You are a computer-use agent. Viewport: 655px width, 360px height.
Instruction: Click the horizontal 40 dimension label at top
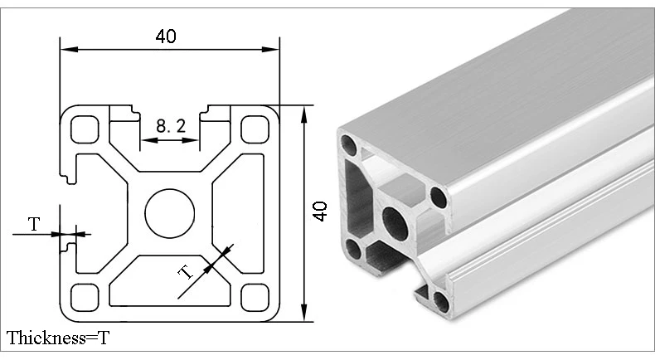pyautogui.click(x=166, y=36)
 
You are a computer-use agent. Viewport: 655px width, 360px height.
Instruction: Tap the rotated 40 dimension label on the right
pyautogui.click(x=321, y=212)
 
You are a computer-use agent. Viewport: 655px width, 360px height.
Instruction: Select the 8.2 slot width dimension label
pyautogui.click(x=171, y=125)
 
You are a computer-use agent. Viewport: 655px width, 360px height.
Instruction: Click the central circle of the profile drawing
pyautogui.click(x=170, y=213)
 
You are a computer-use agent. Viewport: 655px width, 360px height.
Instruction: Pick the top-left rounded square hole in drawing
pyautogui.click(x=85, y=129)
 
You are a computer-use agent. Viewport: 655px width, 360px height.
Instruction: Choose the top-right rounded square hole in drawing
pyautogui.click(x=255, y=129)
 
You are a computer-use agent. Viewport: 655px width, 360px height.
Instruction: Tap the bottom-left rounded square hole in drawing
pyautogui.click(x=85, y=298)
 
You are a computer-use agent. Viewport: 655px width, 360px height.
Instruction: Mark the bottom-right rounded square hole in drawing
pyautogui.click(x=255, y=298)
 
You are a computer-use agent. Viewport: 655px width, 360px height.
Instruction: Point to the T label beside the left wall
pyautogui.click(x=34, y=225)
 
